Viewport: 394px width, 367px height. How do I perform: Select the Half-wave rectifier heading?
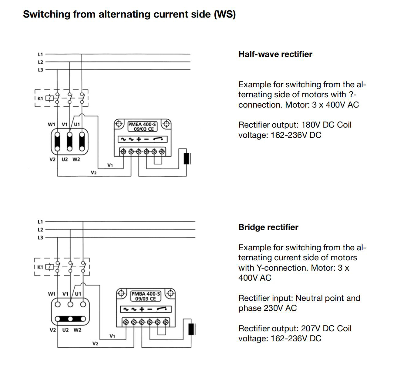pos(275,54)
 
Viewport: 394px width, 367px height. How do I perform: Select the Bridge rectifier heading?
pos(268,227)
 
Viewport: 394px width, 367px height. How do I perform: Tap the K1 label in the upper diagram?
pos(40,98)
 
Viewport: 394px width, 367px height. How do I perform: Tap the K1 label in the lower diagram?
pos(40,267)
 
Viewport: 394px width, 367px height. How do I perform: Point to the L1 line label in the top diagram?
pos(40,55)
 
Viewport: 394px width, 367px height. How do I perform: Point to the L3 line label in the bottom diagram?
pos(40,238)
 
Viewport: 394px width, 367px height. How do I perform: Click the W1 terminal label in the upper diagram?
pos(51,124)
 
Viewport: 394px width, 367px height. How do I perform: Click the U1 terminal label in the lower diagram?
pos(78,294)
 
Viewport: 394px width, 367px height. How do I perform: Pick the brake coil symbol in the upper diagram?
pos(187,158)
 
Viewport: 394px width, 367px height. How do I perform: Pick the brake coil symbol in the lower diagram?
pos(191,329)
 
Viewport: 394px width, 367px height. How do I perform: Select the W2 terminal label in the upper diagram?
pos(76,159)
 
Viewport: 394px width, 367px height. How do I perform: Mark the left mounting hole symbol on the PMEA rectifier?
pos(119,124)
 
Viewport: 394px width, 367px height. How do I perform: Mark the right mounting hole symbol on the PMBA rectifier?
pos(170,293)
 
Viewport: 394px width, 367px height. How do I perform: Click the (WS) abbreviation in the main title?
pos(224,14)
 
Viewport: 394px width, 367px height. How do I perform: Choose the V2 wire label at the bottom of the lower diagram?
pos(95,343)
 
